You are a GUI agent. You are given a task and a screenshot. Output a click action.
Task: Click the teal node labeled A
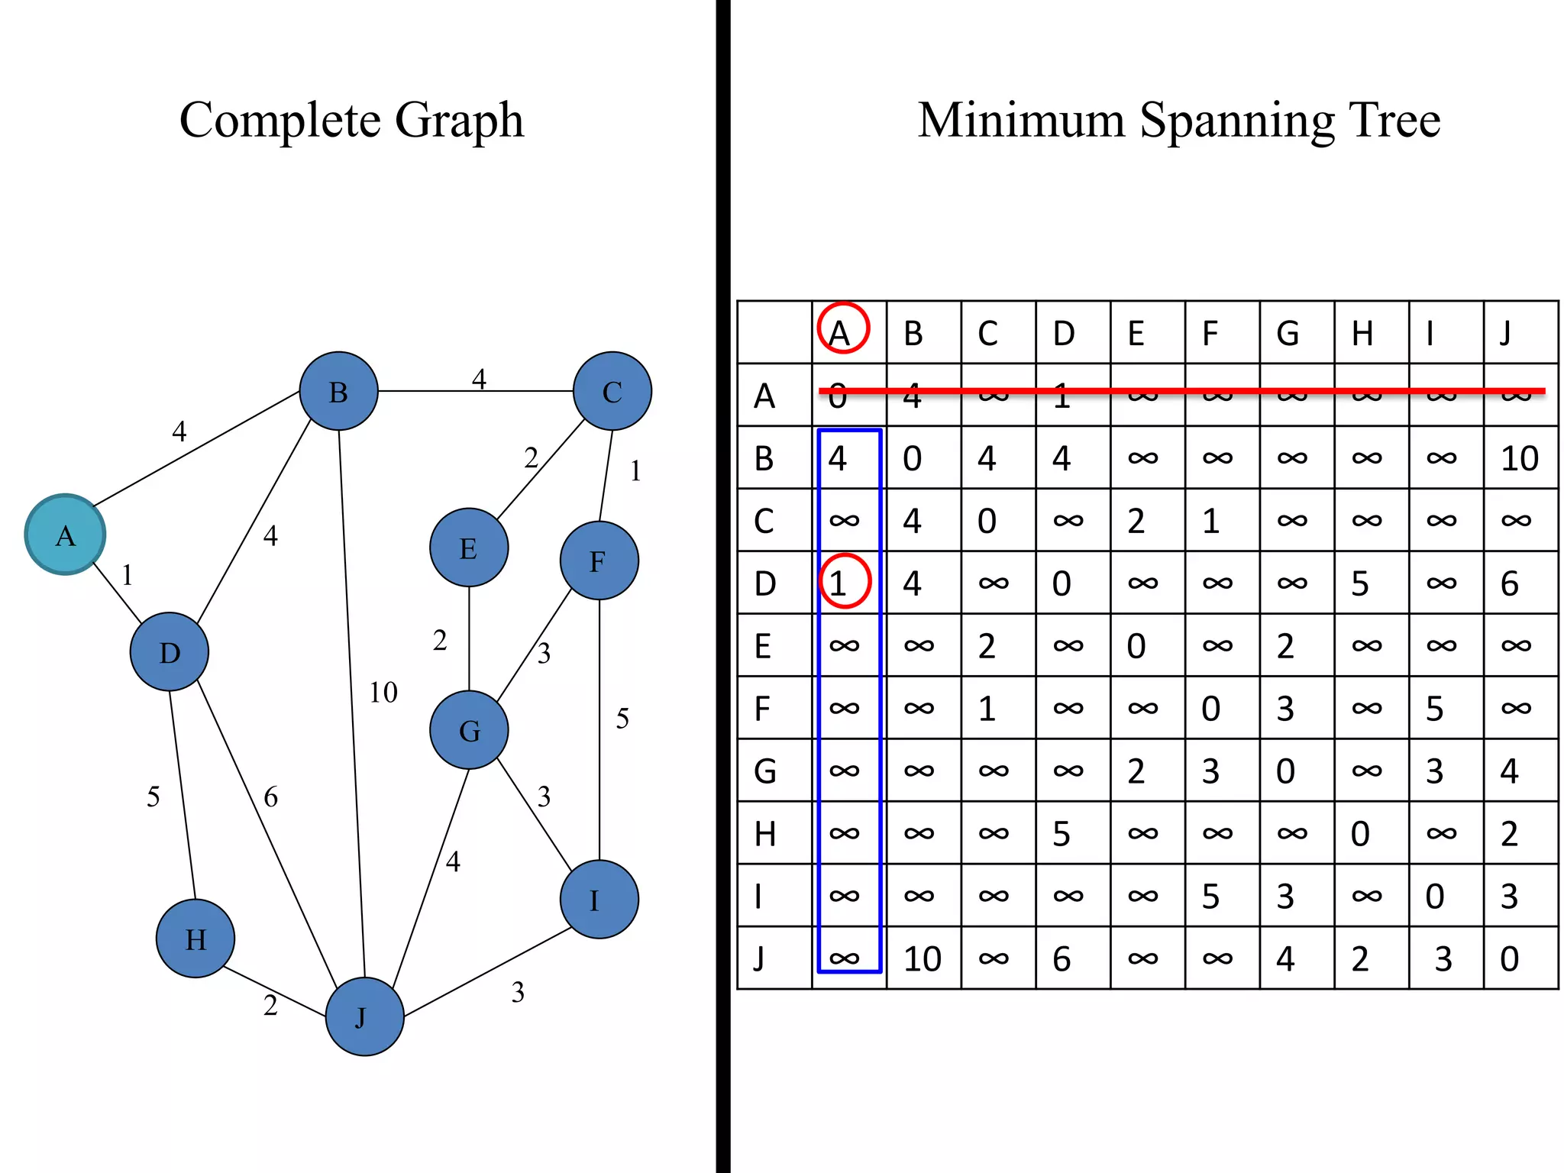[65, 535]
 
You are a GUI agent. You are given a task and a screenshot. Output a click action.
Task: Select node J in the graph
[364, 1016]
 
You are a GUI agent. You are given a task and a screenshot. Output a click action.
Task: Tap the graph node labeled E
[469, 548]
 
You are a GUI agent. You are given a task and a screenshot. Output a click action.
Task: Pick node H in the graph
[195, 939]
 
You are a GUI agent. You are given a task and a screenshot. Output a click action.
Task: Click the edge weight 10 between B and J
[383, 693]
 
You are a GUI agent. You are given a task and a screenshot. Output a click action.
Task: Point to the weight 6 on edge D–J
[271, 797]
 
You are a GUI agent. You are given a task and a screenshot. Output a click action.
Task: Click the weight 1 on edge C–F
[635, 471]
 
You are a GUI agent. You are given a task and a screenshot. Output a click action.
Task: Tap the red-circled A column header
[843, 330]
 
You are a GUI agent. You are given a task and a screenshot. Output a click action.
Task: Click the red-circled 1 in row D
[844, 582]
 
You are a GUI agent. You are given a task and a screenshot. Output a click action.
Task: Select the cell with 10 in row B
[1519, 458]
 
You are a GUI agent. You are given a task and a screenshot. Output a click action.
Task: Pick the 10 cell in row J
[922, 959]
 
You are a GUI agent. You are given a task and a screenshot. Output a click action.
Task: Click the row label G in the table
[765, 771]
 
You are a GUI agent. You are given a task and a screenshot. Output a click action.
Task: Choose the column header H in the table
[1362, 334]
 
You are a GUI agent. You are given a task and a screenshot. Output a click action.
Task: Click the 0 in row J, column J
[1510, 959]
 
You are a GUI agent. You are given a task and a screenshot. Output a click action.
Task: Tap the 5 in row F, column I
[1435, 709]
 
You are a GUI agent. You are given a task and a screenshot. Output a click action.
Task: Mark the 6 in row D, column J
[1510, 583]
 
